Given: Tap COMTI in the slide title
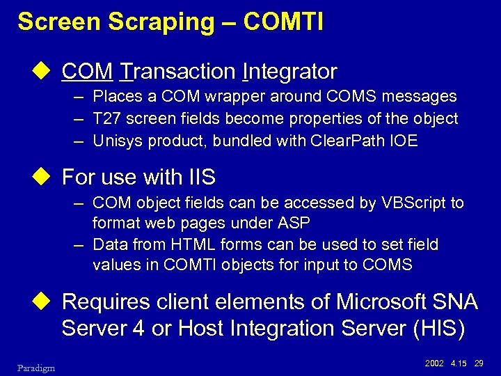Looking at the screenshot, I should pos(283,22).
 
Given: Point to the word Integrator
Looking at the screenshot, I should pos(290,72).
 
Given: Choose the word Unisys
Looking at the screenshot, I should pos(116,141).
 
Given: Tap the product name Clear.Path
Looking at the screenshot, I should pos(351,141).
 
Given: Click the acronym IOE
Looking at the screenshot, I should pos(404,141).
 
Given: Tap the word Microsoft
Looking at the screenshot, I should pos(381,302).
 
